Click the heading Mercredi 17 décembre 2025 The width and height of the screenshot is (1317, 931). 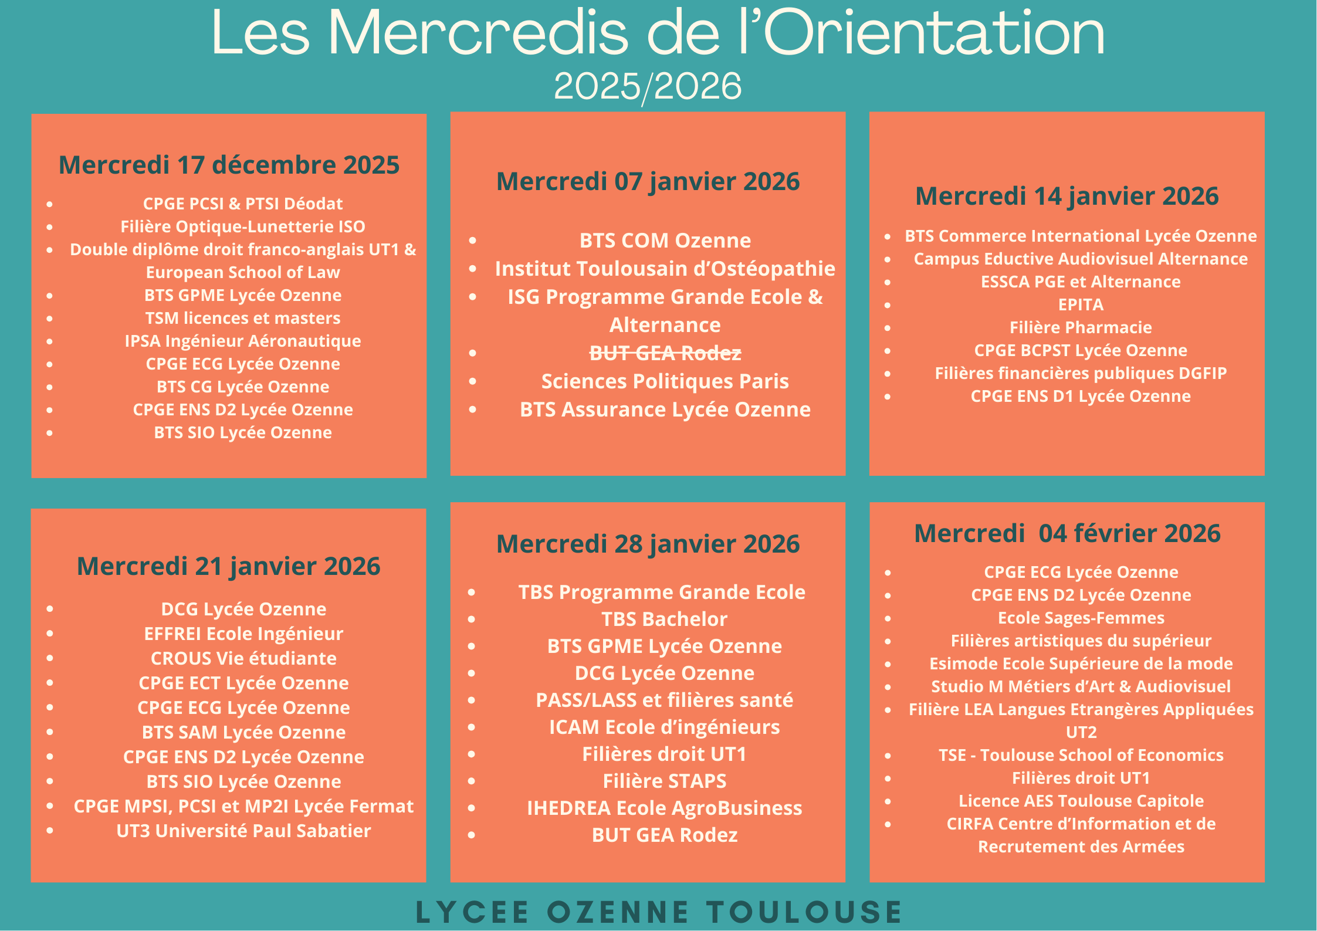[x=229, y=165]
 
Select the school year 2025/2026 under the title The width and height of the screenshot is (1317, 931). [x=648, y=86]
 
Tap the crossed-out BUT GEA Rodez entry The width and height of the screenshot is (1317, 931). [x=665, y=353]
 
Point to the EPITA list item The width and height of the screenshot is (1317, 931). [x=1081, y=305]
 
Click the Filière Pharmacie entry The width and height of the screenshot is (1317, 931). [x=1081, y=327]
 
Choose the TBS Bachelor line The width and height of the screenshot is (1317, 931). [x=664, y=619]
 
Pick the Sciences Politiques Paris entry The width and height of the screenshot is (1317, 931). [x=665, y=381]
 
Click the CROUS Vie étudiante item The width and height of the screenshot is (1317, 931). [x=243, y=658]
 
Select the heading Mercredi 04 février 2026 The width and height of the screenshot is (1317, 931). [x=1067, y=533]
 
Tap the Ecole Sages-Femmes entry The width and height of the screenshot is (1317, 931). [x=1081, y=618]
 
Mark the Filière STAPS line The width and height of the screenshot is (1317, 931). [x=664, y=781]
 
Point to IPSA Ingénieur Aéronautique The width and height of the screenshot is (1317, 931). [x=243, y=341]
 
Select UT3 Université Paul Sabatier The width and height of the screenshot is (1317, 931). [x=243, y=831]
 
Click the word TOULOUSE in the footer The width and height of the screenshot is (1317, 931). [x=804, y=912]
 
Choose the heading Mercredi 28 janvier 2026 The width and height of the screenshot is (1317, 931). [x=648, y=544]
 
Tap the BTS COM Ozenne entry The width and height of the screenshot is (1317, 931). [x=665, y=241]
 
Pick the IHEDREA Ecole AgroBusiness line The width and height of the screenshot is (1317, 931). [x=664, y=808]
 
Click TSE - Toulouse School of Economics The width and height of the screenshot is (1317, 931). [x=1081, y=755]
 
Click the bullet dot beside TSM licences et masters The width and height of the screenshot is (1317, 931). [x=50, y=319]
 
